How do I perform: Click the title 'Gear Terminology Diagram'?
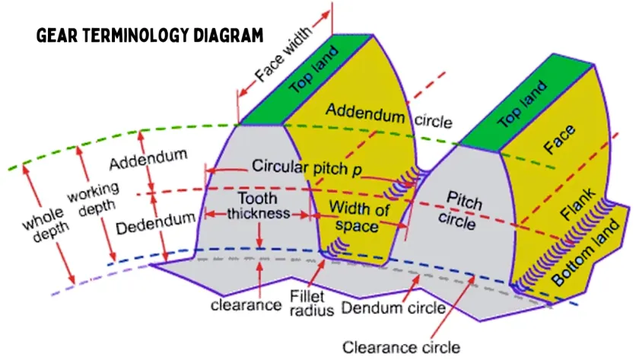tap(150, 35)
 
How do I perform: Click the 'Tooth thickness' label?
tap(259, 205)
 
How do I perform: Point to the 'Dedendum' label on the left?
tap(156, 227)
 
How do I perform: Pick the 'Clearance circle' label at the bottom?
tap(401, 347)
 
